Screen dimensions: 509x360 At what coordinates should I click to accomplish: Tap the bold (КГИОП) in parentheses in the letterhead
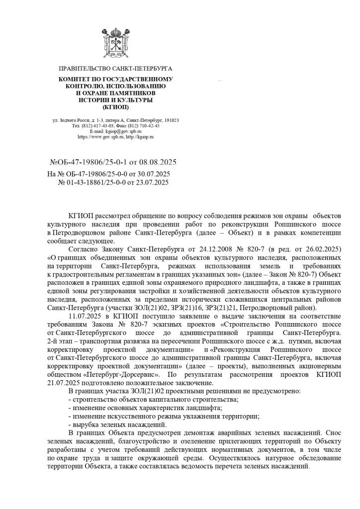coord(115,107)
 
